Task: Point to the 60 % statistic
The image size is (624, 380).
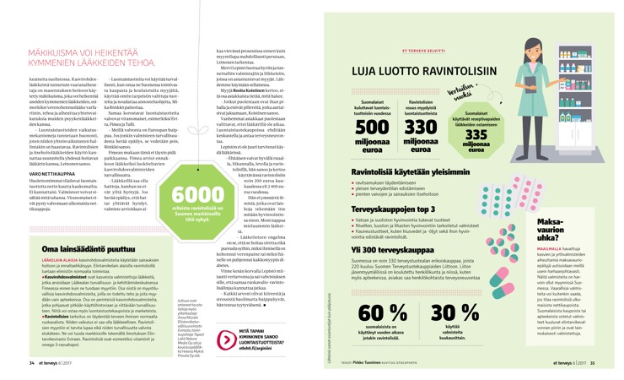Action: (375, 312)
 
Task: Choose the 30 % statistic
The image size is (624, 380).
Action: (452, 312)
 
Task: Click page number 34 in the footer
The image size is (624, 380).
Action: (31, 363)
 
